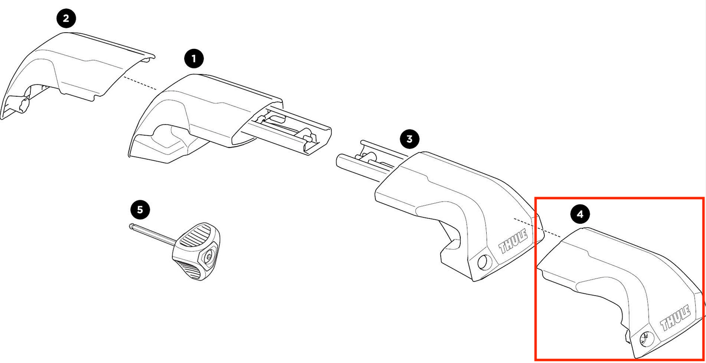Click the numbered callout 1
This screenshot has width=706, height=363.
point(194,60)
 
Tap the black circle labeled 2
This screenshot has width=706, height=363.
point(66,19)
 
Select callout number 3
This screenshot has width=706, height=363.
point(409,139)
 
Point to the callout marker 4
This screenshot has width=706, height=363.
point(579,214)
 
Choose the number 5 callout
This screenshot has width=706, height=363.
point(140,210)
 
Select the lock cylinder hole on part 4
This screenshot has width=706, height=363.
point(645,337)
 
